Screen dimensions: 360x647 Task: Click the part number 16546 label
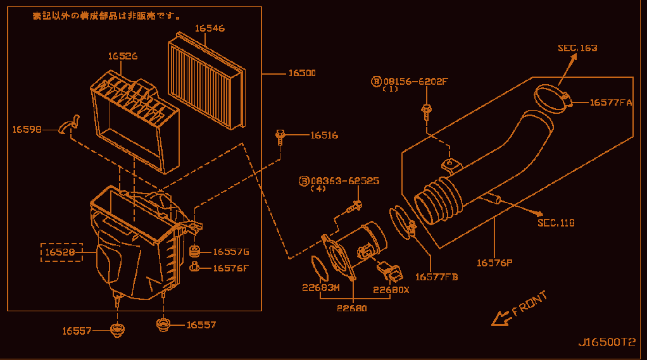[210, 28]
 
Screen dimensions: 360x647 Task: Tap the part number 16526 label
[123, 56]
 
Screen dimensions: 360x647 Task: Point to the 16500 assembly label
[302, 73]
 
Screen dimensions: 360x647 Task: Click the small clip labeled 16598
[68, 124]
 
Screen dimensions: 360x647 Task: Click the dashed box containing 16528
[61, 252]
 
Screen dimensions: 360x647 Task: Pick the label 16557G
[231, 252]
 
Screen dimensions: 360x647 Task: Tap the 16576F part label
[230, 268]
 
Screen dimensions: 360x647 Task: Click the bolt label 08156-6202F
[415, 82]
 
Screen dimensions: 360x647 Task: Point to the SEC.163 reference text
[577, 48]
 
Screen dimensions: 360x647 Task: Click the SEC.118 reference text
[556, 223]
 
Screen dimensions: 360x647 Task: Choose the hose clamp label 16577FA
[611, 102]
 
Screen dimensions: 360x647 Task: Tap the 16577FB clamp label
[436, 277]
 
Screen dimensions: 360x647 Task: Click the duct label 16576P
[494, 263]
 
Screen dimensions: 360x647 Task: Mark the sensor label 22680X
[391, 290]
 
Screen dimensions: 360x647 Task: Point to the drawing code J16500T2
[606, 342]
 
